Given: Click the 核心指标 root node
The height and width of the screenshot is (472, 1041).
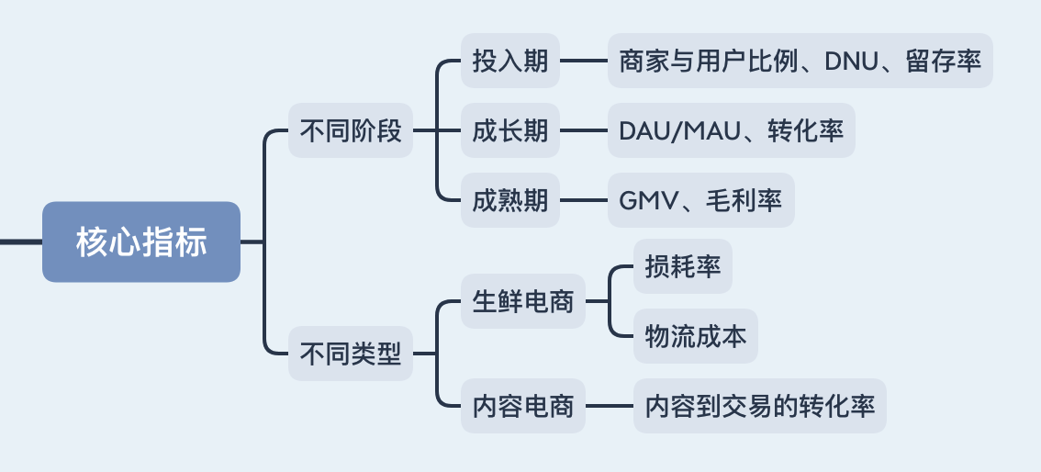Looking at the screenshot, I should click(141, 242).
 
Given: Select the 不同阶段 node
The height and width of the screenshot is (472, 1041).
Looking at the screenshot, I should click(351, 130).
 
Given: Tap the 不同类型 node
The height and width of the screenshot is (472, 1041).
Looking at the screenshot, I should click(351, 354).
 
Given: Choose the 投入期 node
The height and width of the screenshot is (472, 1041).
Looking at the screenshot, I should click(510, 61).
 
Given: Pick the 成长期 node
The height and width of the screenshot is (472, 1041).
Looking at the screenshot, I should click(510, 130).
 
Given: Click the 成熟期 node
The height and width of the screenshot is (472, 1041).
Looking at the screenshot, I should click(510, 199).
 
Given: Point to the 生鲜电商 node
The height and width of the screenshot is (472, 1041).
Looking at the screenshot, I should click(523, 300).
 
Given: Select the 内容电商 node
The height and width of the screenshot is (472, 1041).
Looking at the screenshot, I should click(523, 406).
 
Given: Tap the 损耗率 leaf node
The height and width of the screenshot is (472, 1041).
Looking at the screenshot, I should click(683, 266).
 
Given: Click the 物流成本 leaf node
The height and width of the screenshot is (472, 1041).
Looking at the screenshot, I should click(696, 335).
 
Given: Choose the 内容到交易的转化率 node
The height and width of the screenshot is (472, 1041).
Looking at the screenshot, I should click(760, 406).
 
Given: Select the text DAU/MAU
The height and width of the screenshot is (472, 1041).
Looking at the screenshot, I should click(678, 130).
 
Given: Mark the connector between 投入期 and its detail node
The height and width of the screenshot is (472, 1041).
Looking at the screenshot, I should click(584, 61).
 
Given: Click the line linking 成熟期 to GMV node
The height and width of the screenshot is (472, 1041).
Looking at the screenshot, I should click(584, 199).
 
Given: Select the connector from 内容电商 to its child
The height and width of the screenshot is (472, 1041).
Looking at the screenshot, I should click(610, 406).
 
